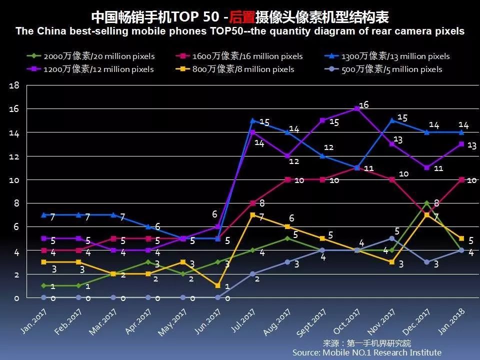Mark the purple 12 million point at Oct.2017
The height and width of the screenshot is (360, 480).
(357, 108)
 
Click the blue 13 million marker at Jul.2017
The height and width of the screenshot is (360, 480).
(252, 120)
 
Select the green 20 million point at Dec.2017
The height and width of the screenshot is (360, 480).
(426, 203)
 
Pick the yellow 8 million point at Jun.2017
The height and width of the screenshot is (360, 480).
(218, 285)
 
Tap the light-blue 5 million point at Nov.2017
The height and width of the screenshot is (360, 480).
(392, 238)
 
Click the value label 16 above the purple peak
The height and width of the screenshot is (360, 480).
(364, 104)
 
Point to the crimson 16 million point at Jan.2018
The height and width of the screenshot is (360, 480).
(461, 179)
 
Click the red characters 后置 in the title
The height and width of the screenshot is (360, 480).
(241, 18)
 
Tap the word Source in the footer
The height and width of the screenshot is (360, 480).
(306, 352)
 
